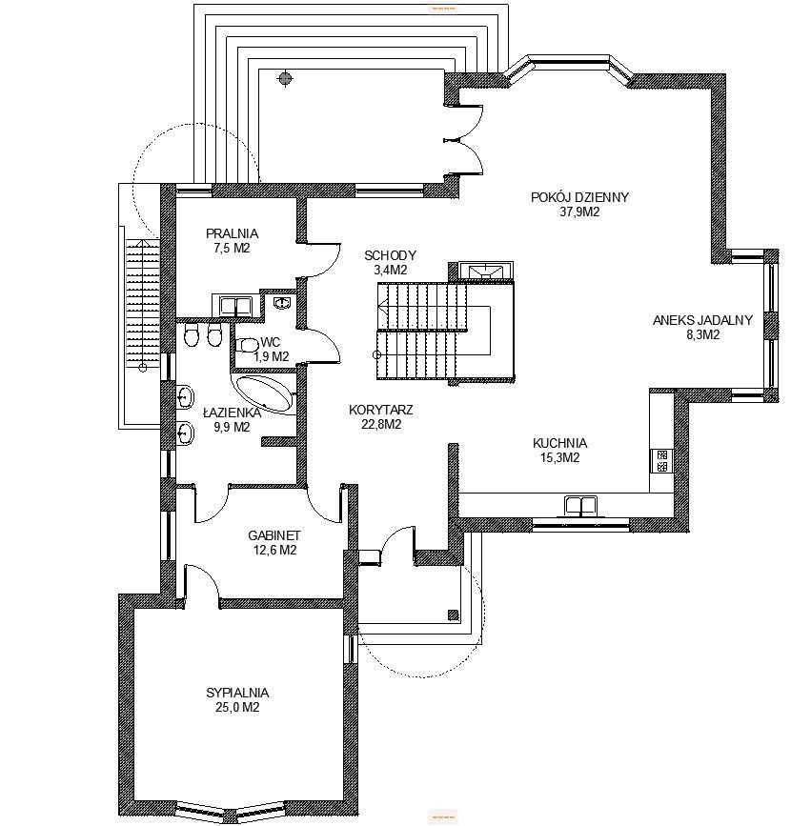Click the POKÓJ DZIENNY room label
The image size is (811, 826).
(x=579, y=197)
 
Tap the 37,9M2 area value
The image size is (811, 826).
(x=579, y=212)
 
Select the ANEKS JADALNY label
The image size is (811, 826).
(x=702, y=320)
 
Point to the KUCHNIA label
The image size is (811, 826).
(x=559, y=443)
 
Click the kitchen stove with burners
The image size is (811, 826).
(x=661, y=460)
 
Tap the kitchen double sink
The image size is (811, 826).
(x=580, y=505)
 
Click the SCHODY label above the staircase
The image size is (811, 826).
(x=390, y=256)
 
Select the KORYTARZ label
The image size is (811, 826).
(x=380, y=410)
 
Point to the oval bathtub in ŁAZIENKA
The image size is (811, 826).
(x=263, y=393)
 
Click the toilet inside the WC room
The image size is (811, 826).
(x=248, y=346)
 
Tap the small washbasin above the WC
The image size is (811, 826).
(x=282, y=302)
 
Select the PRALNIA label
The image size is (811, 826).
(x=232, y=233)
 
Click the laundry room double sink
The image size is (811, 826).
(x=235, y=306)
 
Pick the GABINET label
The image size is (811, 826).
(x=274, y=535)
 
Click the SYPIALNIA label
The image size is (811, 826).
(x=237, y=693)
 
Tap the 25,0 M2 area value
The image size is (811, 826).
(x=237, y=708)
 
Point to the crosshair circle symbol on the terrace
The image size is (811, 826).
(x=285, y=79)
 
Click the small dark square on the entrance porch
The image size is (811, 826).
(x=453, y=614)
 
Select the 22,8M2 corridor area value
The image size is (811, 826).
(x=381, y=425)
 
